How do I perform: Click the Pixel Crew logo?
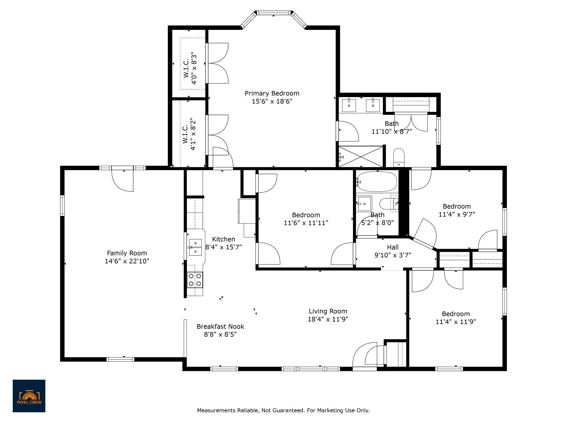tap(29, 396)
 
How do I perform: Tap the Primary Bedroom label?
tap(272, 94)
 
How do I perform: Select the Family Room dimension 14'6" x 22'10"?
tap(127, 261)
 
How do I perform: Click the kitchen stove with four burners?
tap(195, 280)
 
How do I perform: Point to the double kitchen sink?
tap(195, 247)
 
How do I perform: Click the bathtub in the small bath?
tap(377, 182)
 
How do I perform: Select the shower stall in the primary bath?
tap(361, 157)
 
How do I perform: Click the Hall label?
tap(393, 247)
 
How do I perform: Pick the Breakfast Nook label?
tap(220, 326)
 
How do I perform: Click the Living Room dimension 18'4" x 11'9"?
tap(328, 319)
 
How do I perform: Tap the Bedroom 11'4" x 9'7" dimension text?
tap(457, 214)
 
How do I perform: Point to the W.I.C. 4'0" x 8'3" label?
tap(190, 68)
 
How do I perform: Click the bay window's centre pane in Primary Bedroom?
tap(274, 12)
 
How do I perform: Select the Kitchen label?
tap(224, 239)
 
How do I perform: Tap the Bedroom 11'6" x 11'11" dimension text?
tap(306, 223)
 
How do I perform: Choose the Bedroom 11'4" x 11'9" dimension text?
tap(456, 322)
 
